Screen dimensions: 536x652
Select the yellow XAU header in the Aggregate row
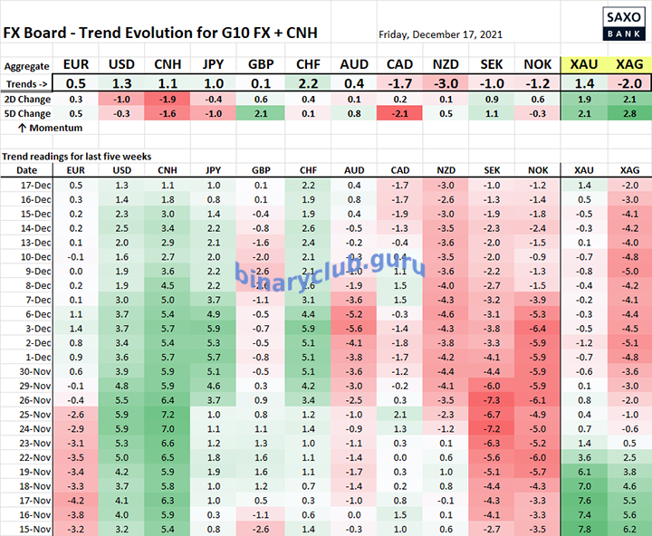[x=584, y=65]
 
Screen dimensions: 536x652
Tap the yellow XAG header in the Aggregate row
[x=629, y=65]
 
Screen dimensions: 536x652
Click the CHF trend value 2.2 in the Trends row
[x=305, y=83]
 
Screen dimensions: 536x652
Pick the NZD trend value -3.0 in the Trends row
[x=445, y=83]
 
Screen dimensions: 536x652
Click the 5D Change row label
[x=27, y=113]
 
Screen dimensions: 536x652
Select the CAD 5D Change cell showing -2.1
[x=399, y=113]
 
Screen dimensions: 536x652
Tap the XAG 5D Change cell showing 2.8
[x=628, y=113]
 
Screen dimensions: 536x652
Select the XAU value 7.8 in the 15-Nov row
[x=584, y=527]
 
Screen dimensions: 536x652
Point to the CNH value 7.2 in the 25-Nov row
[x=167, y=413]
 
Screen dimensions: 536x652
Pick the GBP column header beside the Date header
[x=260, y=169]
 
